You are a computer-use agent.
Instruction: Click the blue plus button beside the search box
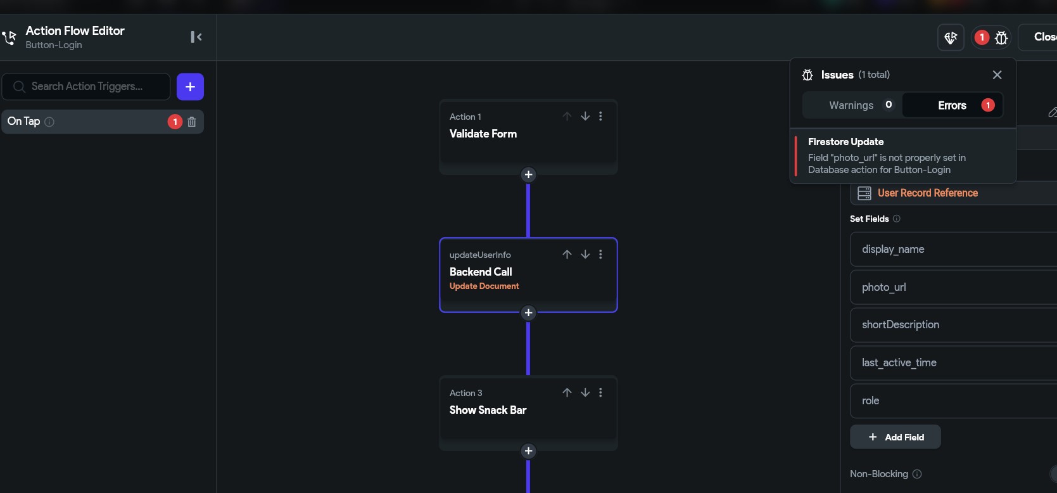pos(190,86)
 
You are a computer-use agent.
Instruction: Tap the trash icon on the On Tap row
pos(192,122)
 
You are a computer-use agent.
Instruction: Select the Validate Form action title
pos(483,134)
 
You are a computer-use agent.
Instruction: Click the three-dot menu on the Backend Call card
pos(600,254)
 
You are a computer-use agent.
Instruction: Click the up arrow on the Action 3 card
pos(567,392)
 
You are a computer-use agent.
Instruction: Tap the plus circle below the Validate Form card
pos(528,175)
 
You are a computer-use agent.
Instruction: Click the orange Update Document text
pos(484,286)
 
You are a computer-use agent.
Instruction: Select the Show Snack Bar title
pos(488,410)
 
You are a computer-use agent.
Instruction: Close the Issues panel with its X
pos(997,75)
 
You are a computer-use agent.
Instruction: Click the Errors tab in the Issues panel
pos(953,105)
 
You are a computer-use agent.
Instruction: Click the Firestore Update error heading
pos(845,142)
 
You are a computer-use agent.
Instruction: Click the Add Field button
pos(895,437)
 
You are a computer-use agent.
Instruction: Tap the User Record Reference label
pos(927,193)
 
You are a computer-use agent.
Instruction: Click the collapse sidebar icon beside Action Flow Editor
pos(196,37)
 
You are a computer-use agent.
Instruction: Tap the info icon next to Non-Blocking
pos(917,473)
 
